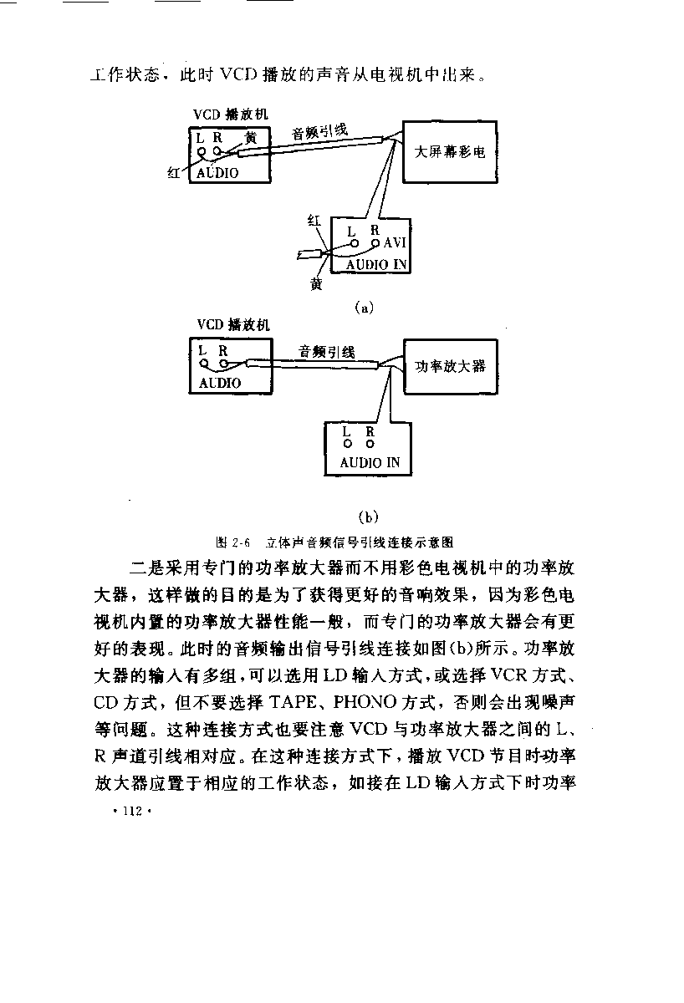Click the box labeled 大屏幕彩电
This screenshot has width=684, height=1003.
[450, 152]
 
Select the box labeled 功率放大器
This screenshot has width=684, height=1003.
[451, 366]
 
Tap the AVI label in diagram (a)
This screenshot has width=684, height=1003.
[395, 242]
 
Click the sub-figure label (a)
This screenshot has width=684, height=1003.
[364, 308]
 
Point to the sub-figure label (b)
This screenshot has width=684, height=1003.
[368, 517]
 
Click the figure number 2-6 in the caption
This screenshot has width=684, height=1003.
[241, 542]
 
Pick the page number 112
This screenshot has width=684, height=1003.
[133, 811]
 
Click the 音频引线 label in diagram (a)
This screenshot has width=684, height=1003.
[319, 132]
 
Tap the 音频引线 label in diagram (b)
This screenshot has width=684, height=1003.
[327, 352]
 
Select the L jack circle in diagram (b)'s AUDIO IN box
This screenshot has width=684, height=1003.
[348, 444]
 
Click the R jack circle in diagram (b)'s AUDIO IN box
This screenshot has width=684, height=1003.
[370, 444]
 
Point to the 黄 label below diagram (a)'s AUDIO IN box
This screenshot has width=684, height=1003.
[316, 283]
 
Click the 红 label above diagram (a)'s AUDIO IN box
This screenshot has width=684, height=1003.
[314, 221]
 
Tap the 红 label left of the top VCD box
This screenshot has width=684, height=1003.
[174, 173]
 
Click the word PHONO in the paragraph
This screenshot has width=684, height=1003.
[365, 702]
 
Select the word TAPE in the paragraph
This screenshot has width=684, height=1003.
[293, 702]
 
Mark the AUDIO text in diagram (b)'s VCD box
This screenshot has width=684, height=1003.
[220, 383]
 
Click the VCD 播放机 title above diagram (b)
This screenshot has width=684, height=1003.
[233, 324]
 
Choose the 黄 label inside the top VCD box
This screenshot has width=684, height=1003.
[252, 138]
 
